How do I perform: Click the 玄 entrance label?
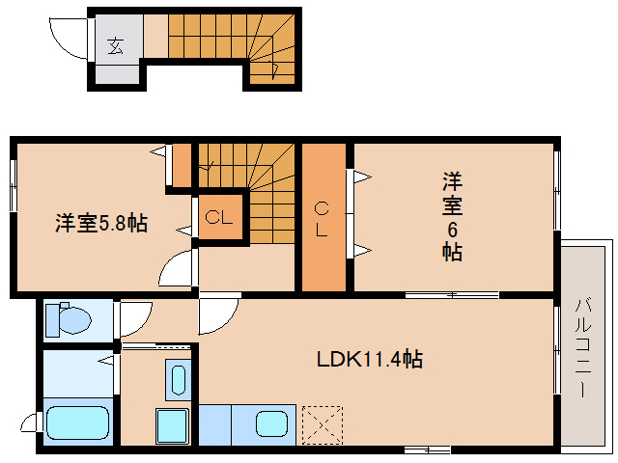point(116,43)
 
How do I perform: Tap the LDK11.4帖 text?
point(370,360)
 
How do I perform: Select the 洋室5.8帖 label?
point(100,224)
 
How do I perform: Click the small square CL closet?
point(218,217)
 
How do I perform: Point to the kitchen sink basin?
point(271,423)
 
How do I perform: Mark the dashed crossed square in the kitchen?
point(322,423)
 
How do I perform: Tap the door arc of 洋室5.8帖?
point(176,269)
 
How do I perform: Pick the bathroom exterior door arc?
point(29,423)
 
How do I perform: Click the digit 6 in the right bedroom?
point(451,229)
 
